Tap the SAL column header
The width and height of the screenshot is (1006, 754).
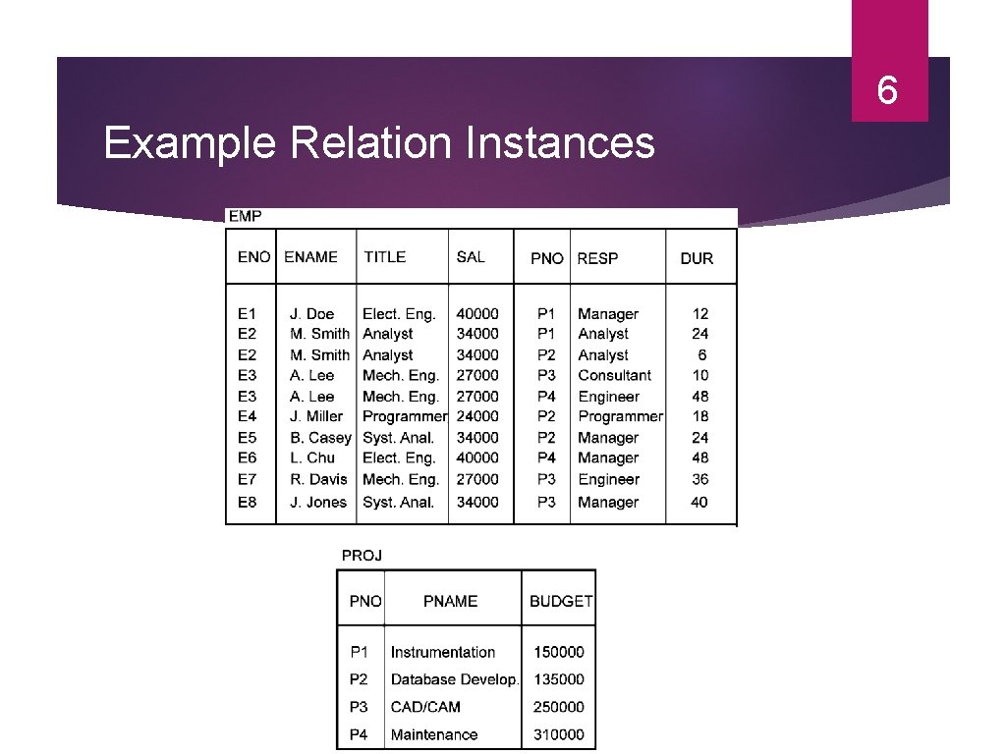pos(471,257)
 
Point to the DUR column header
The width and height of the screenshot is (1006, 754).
pos(697,258)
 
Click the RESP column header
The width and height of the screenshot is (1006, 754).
pos(597,258)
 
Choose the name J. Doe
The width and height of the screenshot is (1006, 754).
pos(311,314)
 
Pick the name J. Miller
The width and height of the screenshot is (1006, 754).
pos(316,416)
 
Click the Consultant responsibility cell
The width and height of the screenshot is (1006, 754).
pos(614,375)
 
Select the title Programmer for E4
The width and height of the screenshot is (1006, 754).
pos(404,416)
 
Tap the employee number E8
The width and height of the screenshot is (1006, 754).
pos(247,502)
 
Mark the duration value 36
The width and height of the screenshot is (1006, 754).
pos(699,479)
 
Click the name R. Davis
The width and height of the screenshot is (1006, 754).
pos(318,479)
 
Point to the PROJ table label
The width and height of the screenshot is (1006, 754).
pos(362,556)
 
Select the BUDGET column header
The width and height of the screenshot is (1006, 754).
pos(561,601)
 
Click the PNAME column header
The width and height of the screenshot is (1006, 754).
pos(450,601)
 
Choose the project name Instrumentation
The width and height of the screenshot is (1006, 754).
pos(442,652)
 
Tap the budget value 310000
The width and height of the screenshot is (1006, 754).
pos(558,734)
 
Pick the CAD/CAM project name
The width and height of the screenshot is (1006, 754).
pos(425,707)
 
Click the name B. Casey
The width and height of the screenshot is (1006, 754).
pos(320,438)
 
